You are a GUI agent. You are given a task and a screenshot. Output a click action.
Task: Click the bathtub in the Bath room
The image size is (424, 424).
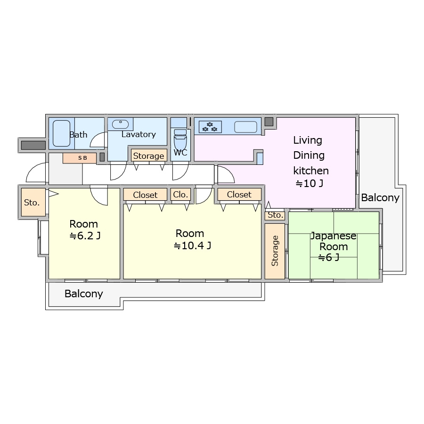coord(61,133)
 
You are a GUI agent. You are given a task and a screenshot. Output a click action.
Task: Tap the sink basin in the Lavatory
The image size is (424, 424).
coord(120,124)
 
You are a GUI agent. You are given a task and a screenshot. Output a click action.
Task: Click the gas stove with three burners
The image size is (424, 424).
coord(210,127)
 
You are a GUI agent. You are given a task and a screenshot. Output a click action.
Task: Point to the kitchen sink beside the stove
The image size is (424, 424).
coord(245,127)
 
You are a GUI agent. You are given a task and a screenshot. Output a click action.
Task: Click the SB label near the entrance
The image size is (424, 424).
coord(82,158)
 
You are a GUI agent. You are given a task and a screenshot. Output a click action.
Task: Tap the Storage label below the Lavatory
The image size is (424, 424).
coord(148,156)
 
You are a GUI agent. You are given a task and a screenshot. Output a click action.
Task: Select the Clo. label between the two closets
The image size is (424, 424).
coord(180,195)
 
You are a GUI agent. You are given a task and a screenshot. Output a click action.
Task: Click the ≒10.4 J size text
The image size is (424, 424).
coord(192,245)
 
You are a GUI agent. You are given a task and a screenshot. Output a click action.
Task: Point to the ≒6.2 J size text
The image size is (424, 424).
coord(85,236)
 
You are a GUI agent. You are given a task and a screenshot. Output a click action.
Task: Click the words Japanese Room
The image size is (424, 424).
coord(334,241)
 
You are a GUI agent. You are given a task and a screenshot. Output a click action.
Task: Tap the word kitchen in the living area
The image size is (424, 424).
coord(311,171)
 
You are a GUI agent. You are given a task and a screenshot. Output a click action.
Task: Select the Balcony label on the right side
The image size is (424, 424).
coord(380,198)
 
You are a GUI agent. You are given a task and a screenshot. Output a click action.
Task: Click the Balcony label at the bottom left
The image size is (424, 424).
coord(83,294)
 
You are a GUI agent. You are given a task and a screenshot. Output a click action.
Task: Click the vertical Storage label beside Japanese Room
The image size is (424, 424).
coord(275,251)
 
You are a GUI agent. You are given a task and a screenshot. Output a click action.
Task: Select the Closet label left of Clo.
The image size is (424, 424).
coord(145,195)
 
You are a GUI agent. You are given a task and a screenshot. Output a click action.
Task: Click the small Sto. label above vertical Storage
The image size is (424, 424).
coord(276,215)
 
